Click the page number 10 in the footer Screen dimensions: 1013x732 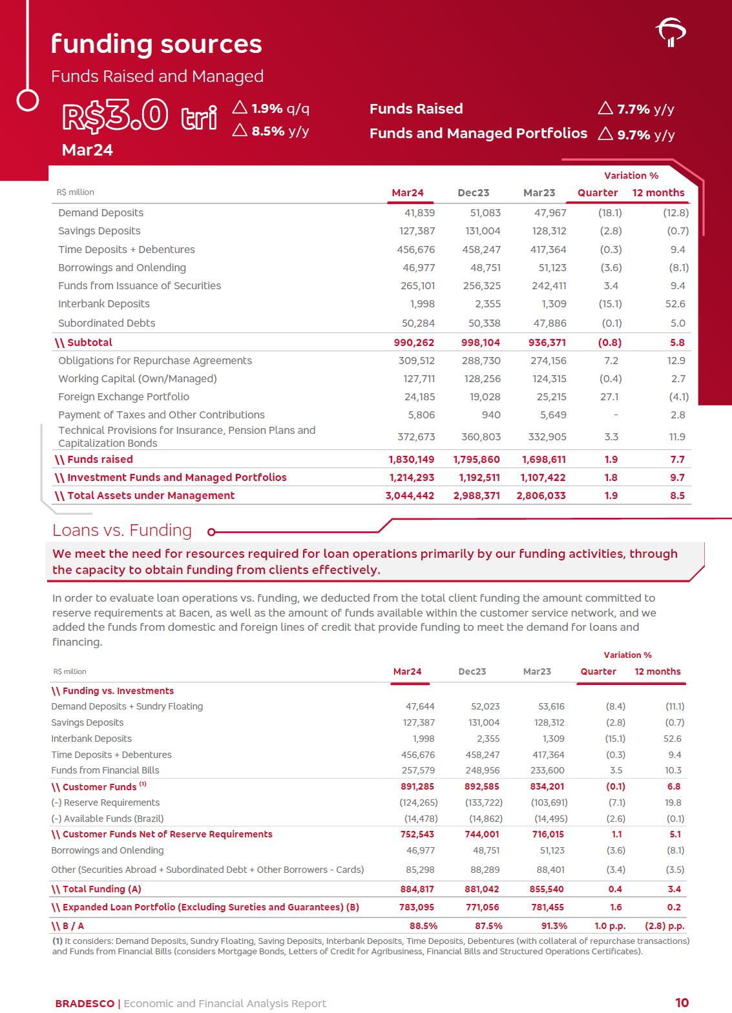pyautogui.click(x=682, y=1003)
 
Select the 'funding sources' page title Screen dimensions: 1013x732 pyautogui.click(x=156, y=44)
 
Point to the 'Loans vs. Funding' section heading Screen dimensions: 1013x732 pyautogui.click(x=122, y=530)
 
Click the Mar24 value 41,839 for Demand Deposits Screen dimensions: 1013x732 pyautogui.click(x=419, y=212)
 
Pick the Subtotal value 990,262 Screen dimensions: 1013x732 pyautogui.click(x=414, y=342)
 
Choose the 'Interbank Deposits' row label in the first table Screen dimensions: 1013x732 pyautogui.click(x=103, y=303)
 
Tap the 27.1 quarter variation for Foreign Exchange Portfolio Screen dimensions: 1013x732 pyautogui.click(x=609, y=396)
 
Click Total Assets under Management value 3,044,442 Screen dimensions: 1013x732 pyautogui.click(x=411, y=495)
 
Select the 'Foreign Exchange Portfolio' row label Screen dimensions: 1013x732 pyautogui.click(x=123, y=396)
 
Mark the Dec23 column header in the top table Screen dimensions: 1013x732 pyautogui.click(x=473, y=192)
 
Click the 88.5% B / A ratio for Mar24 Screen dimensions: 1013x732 pyautogui.click(x=423, y=925)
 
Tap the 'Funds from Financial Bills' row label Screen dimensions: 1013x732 pyautogui.click(x=105, y=770)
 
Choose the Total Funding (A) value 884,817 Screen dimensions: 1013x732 pyautogui.click(x=417, y=889)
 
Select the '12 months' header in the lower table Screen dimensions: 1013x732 pyautogui.click(x=657, y=671)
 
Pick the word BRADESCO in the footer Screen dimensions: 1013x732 pyautogui.click(x=85, y=1003)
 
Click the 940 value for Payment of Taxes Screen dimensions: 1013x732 pyautogui.click(x=490, y=414)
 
